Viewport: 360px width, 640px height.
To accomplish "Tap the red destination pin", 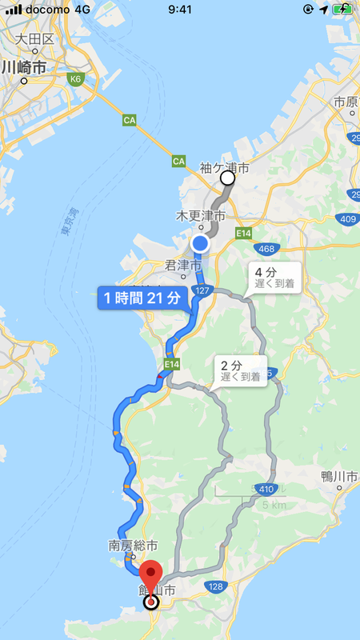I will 151,578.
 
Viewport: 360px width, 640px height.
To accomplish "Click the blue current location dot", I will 200,244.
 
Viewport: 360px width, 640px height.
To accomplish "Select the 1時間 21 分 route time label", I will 143,298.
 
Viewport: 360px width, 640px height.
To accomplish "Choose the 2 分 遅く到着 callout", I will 241,370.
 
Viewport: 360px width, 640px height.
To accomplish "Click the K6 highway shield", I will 77,79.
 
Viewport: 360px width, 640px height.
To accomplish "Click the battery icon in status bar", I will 344,10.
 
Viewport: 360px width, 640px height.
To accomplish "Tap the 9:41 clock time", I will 180,10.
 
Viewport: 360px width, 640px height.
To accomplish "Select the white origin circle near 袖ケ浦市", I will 228,178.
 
